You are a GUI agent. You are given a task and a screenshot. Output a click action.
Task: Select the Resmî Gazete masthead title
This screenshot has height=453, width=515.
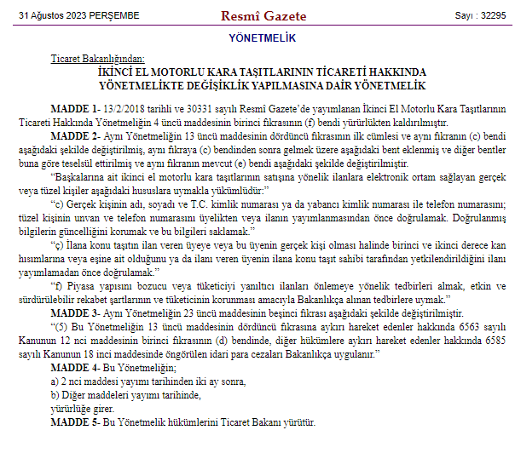258,15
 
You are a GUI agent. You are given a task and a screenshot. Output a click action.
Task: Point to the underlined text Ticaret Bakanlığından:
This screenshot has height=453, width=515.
98,60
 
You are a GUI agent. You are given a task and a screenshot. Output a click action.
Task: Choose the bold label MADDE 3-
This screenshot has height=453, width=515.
76,314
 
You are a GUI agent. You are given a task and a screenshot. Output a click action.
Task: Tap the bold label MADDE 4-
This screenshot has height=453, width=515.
76,367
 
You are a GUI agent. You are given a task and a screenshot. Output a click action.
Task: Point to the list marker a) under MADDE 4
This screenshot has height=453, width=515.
55,381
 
